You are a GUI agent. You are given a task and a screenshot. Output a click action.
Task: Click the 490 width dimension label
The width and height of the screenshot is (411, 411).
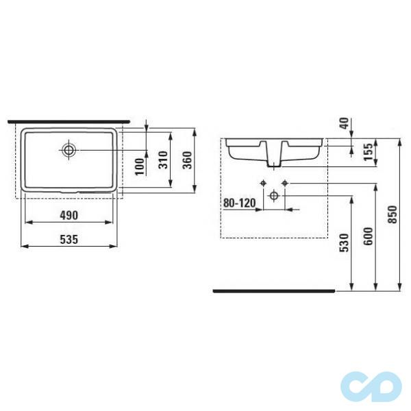(68, 214)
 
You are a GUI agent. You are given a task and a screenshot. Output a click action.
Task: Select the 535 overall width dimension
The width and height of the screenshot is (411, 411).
(68, 239)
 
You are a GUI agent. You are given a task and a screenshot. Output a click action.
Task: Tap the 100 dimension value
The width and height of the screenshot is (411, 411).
(140, 165)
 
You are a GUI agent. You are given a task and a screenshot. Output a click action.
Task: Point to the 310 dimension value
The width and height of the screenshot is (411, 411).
(163, 160)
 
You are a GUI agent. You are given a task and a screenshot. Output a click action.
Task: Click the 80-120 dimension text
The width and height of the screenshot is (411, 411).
(238, 203)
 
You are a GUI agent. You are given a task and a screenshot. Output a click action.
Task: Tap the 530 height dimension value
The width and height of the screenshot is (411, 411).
(345, 242)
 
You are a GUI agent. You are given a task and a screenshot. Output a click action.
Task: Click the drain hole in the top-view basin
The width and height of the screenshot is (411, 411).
(69, 149)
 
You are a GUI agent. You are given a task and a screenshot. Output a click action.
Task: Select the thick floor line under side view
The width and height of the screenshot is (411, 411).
(274, 290)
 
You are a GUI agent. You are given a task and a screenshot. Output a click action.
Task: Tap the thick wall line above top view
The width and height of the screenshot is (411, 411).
(68, 121)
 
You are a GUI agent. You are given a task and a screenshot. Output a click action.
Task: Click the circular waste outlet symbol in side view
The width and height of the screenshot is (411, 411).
(274, 196)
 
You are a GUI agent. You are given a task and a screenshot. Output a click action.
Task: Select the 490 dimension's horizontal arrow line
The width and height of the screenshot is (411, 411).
(68, 222)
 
